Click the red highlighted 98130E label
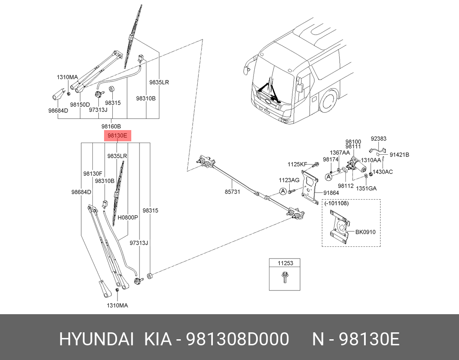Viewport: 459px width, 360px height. point(117,136)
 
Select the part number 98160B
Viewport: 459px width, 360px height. point(111,126)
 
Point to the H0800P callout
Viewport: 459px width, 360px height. point(128,217)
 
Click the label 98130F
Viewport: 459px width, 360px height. point(92,174)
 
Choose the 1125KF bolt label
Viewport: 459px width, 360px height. point(298,164)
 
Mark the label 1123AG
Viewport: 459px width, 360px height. point(289,180)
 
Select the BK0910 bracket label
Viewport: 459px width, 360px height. point(365,232)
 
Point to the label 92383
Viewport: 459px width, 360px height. point(378,139)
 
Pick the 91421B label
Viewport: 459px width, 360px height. point(399,155)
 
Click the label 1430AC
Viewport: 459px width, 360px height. point(383,172)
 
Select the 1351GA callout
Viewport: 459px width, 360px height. point(366,188)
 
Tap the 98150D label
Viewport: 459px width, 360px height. point(80,105)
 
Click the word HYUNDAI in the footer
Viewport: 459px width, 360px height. point(96,340)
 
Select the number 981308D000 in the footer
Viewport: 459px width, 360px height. point(237,340)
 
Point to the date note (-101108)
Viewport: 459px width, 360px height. point(337,203)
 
